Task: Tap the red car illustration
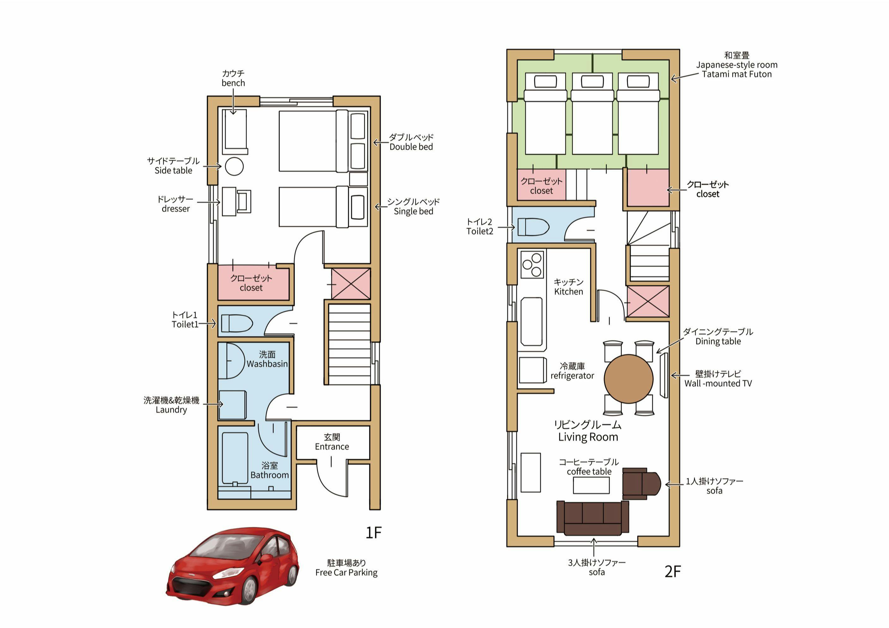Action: point(232,566)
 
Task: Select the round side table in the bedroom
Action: point(234,167)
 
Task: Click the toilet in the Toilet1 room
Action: point(237,323)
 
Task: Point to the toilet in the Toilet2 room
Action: point(533,227)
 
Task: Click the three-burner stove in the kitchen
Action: point(532,264)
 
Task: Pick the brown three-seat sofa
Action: point(593,518)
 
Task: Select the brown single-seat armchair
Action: point(641,483)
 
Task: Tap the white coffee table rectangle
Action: point(591,485)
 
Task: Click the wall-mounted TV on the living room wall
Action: point(664,375)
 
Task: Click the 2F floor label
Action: point(673,571)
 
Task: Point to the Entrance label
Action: point(332,447)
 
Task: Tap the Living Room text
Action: point(588,437)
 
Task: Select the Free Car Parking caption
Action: point(346,573)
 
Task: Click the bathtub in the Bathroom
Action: point(235,458)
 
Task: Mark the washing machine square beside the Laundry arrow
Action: point(232,405)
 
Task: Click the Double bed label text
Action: point(411,147)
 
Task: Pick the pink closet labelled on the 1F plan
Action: point(253,282)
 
